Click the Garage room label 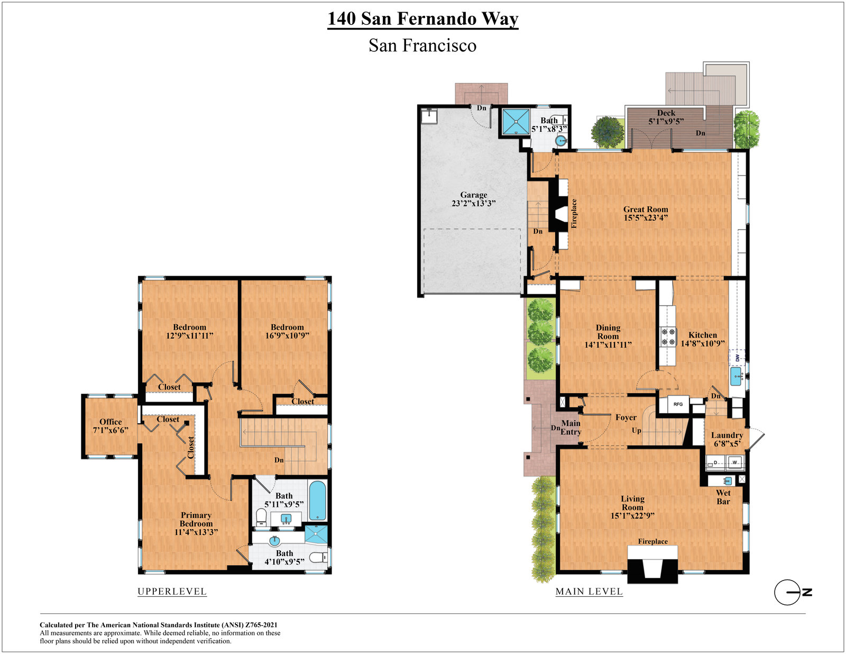(x=473, y=195)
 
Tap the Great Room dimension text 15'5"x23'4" (x=646, y=218)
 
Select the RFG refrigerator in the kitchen (x=678, y=404)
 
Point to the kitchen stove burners (x=668, y=338)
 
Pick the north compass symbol (x=793, y=593)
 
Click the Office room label (x=111, y=422)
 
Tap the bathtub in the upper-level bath (x=317, y=501)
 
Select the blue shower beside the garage (x=516, y=121)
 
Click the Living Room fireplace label (x=652, y=541)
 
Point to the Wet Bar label (x=723, y=497)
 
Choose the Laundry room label (x=727, y=435)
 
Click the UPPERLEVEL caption (x=172, y=591)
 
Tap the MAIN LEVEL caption (x=589, y=591)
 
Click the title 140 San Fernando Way (x=423, y=19)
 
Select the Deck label (x=666, y=113)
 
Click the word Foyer (x=626, y=417)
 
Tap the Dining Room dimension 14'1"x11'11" (x=608, y=344)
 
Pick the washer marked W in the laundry (x=734, y=462)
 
